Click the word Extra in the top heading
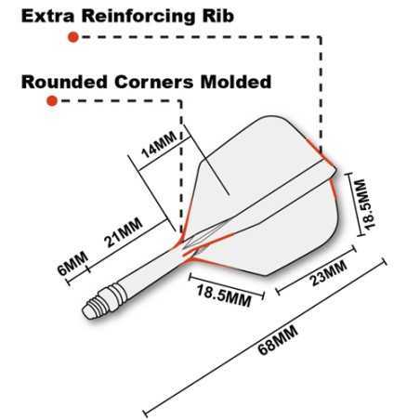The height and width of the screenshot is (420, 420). click(x=48, y=16)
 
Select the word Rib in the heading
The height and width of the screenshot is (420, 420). click(x=218, y=16)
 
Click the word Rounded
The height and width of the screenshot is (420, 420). click(x=64, y=82)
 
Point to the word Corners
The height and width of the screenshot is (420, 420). click(x=154, y=82)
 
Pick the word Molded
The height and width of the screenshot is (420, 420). click(x=236, y=82)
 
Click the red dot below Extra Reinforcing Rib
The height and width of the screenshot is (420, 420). click(x=73, y=37)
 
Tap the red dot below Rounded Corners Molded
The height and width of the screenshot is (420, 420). click(x=52, y=100)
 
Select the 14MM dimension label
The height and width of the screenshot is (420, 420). click(x=159, y=145)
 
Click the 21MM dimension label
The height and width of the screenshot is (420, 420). click(x=123, y=232)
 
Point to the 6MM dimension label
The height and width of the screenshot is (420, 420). click(x=73, y=263)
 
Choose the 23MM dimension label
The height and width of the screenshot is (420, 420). click(x=328, y=272)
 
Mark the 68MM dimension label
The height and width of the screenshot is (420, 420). click(x=278, y=339)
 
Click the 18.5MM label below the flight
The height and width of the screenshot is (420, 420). click(x=224, y=295)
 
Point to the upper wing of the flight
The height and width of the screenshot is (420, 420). click(x=257, y=161)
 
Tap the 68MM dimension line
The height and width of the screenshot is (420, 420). click(x=265, y=336)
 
